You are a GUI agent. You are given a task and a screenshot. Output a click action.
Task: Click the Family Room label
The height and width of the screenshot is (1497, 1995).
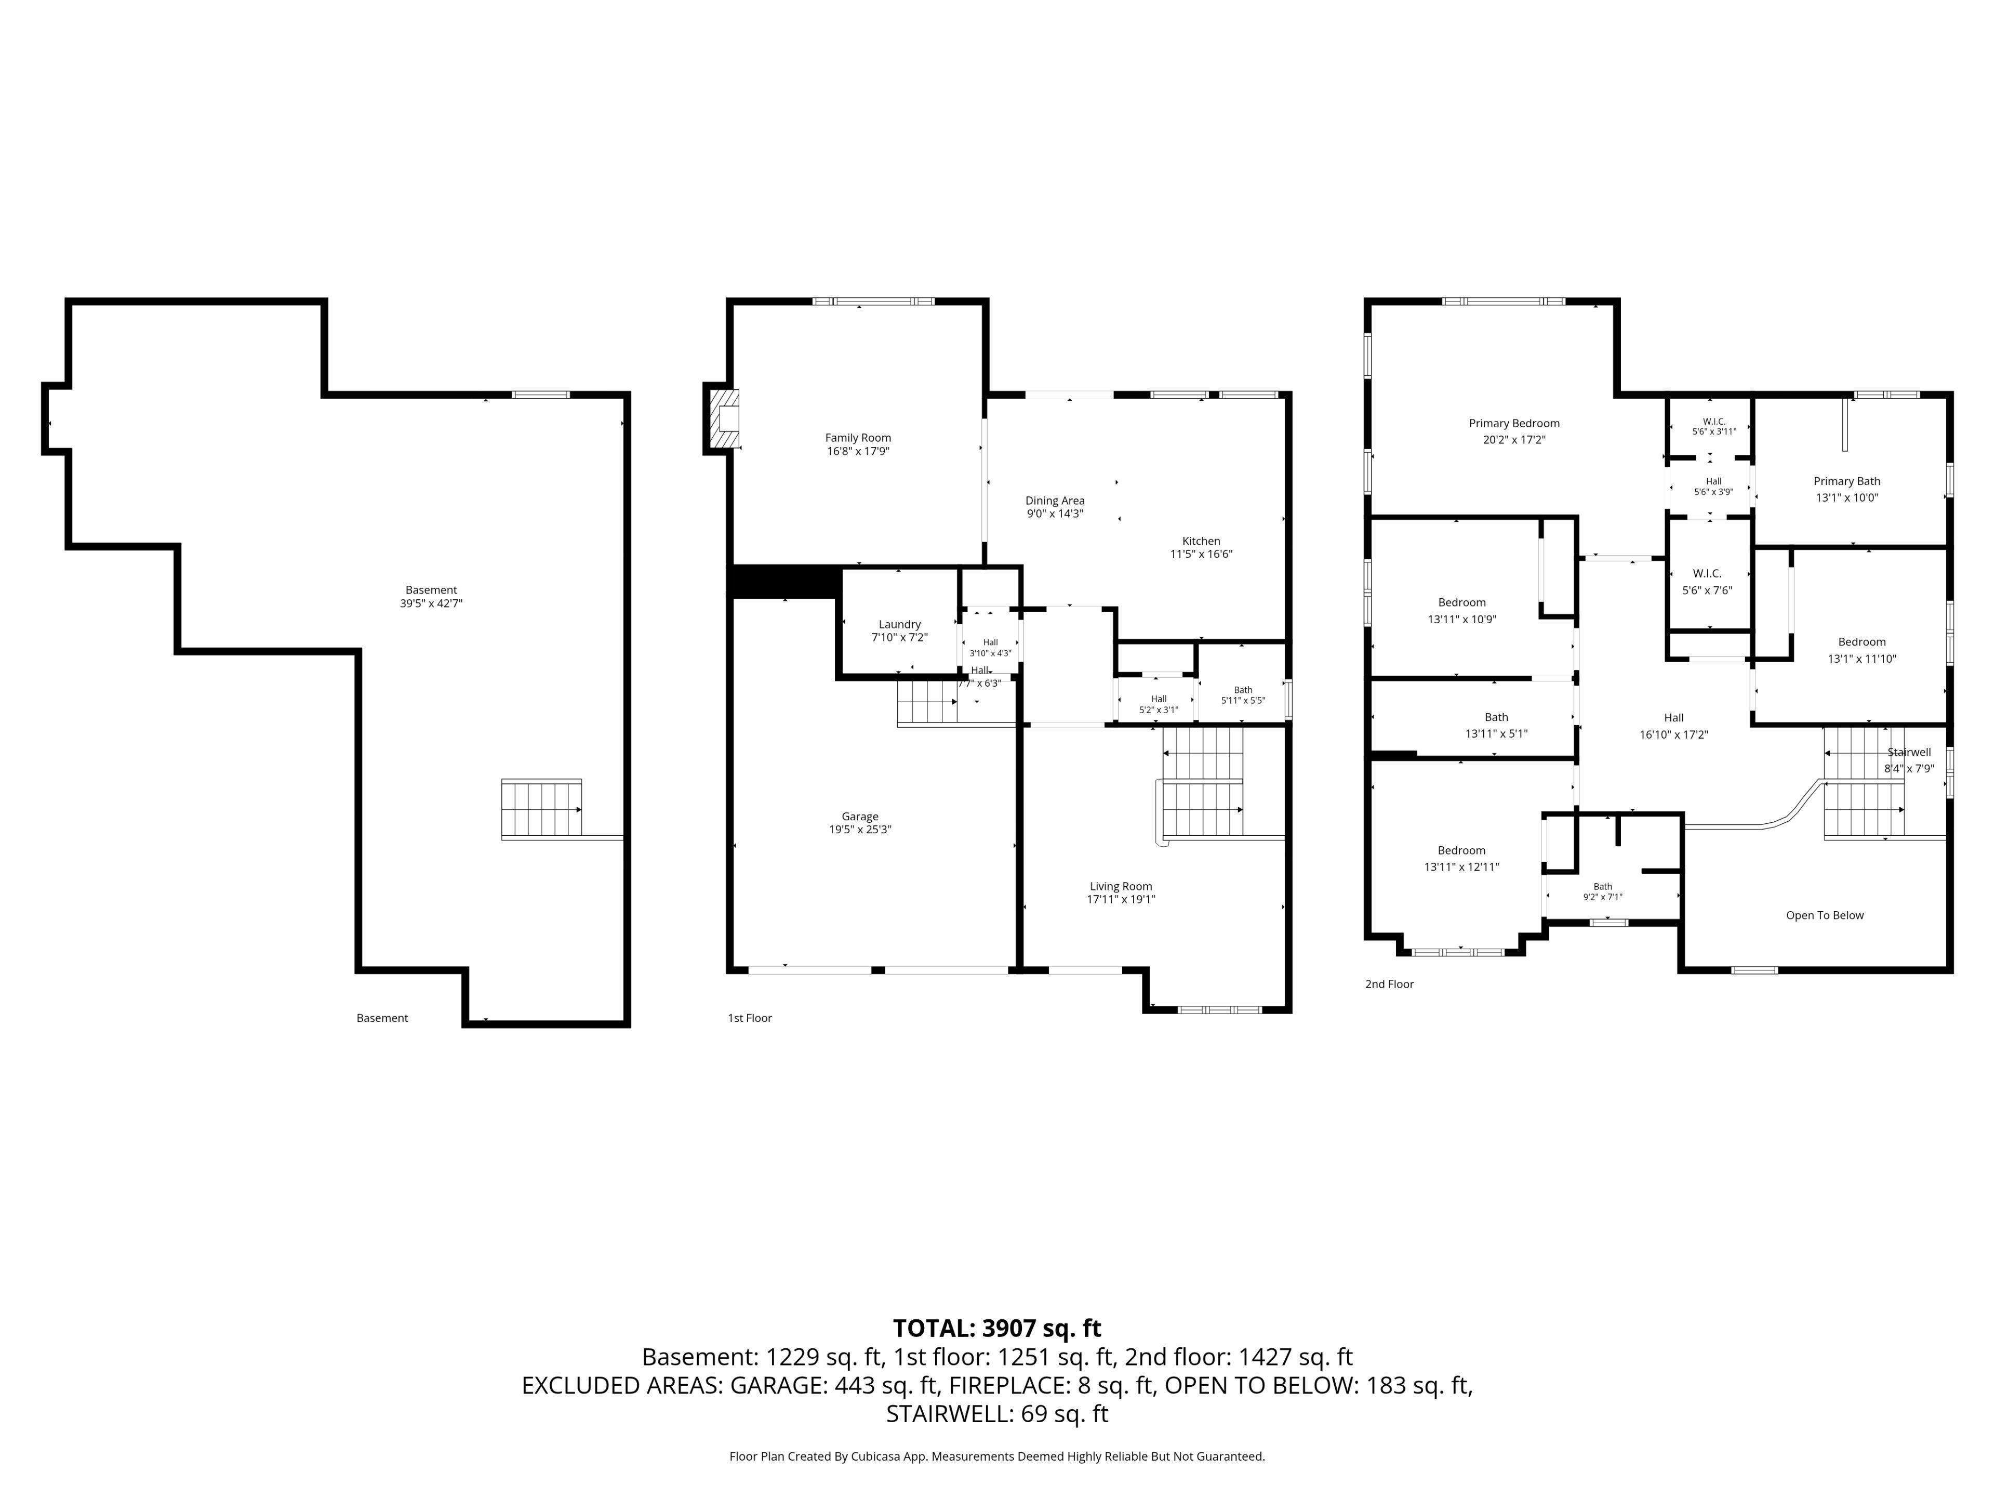pyautogui.click(x=858, y=438)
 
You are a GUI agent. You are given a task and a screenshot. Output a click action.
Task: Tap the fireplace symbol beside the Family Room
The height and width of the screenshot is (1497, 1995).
pyautogui.click(x=723, y=419)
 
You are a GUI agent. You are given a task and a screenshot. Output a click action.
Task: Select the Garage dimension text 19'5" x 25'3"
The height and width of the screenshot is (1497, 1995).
pyautogui.click(x=859, y=829)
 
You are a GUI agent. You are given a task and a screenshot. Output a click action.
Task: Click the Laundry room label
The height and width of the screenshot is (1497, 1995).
pyautogui.click(x=899, y=624)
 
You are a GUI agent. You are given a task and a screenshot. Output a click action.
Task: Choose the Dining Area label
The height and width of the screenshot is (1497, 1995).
pyautogui.click(x=1054, y=501)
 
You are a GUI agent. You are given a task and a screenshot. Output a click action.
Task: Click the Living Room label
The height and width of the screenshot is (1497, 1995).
pyautogui.click(x=1120, y=886)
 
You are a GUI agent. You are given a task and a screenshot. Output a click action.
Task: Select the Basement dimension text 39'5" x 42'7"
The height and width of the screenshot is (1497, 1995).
pyautogui.click(x=431, y=603)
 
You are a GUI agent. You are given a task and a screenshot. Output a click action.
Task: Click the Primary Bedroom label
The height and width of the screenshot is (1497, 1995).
pyautogui.click(x=1513, y=423)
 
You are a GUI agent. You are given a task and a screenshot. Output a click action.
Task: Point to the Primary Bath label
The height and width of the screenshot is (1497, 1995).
pyautogui.click(x=1846, y=481)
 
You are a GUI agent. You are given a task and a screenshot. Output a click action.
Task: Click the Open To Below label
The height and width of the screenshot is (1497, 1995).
pyautogui.click(x=1824, y=915)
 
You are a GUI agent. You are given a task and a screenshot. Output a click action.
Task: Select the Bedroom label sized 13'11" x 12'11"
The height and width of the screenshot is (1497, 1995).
pyautogui.click(x=1461, y=850)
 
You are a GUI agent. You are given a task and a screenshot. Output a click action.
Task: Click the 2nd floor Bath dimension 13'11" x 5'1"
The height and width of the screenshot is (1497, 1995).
pyautogui.click(x=1496, y=733)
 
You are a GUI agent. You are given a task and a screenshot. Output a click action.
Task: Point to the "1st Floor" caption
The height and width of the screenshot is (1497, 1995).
pyautogui.click(x=750, y=1018)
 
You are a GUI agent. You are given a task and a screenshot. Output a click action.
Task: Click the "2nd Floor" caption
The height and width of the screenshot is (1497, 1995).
pyautogui.click(x=1389, y=983)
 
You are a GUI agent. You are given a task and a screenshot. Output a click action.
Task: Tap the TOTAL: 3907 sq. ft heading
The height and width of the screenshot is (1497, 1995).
pyautogui.click(x=996, y=1328)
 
